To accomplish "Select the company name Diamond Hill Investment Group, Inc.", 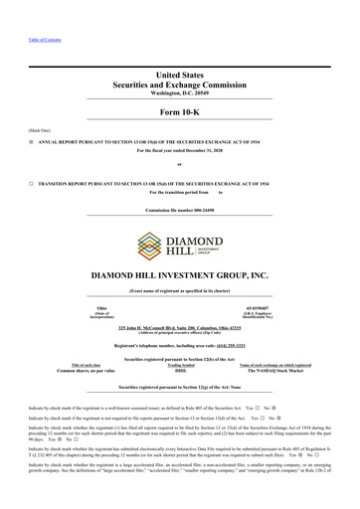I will coord(180,272).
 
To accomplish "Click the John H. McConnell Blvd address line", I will coord(180,326).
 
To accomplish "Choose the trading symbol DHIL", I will coord(180,371).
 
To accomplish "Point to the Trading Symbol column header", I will coord(180,365).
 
